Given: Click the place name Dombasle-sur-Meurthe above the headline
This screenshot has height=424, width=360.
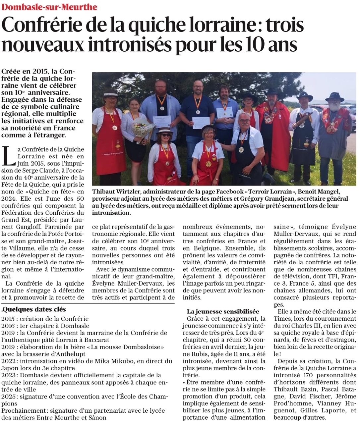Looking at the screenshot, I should pyautogui.click(x=50, y=7).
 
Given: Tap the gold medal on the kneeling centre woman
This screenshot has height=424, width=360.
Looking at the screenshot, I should pyautogui.click(x=209, y=163).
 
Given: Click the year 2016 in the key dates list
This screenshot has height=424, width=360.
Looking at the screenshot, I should pyautogui.click(x=8, y=326).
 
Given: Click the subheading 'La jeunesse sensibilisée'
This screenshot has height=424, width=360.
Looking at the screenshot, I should pyautogui.click(x=223, y=311).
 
